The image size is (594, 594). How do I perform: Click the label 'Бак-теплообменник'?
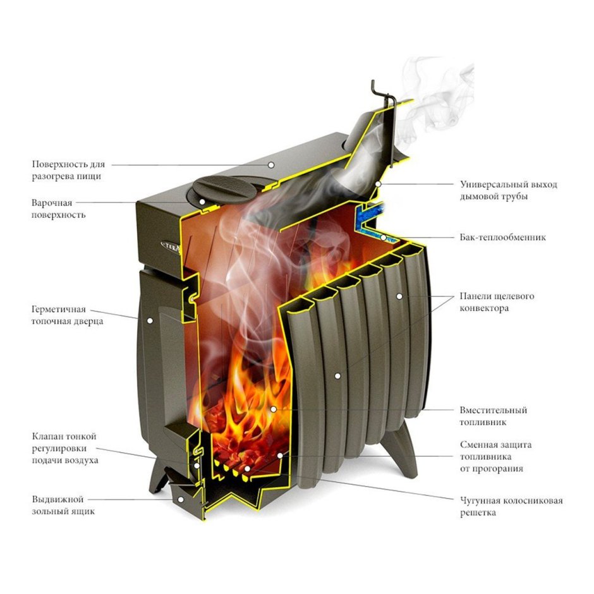coord(503,238)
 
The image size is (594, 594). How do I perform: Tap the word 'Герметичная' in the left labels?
coord(58,310)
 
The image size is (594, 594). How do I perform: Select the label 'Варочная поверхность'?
coord(58,209)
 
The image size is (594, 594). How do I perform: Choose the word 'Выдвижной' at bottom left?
coord(58,499)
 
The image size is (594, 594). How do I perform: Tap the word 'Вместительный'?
coord(494,410)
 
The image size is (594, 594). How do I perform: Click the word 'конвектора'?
coord(484,308)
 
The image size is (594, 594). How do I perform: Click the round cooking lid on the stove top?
coord(223,188)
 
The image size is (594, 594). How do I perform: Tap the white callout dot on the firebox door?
coord(150,321)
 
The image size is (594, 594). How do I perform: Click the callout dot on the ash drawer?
coord(181,500)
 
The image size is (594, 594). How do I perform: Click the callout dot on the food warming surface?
coord(271,165)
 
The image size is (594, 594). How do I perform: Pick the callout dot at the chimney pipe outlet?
coord(378,184)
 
